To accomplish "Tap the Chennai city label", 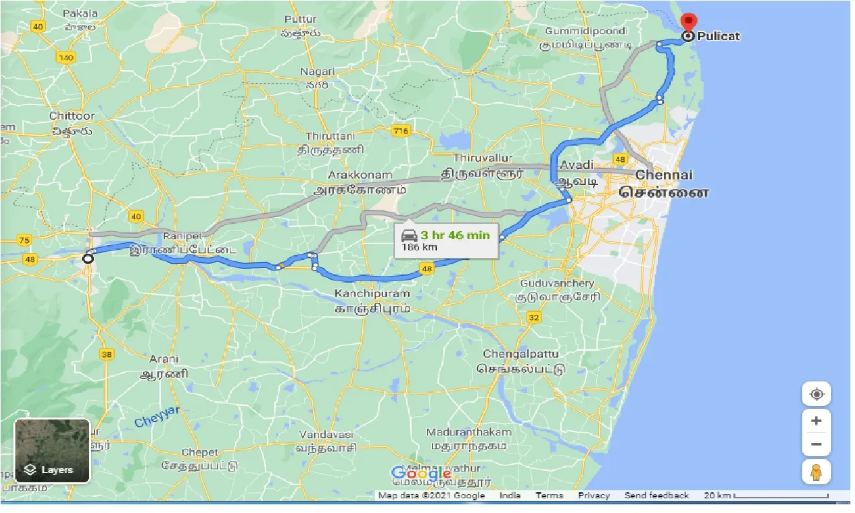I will (664, 175).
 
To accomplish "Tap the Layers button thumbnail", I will (52, 451).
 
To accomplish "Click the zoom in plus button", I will (816, 421).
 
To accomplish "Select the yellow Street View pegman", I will (816, 472).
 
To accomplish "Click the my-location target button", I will (816, 394).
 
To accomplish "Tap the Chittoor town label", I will (72, 116).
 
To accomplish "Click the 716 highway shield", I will (401, 131).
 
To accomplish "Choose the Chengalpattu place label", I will (520, 353).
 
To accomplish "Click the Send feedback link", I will (657, 496).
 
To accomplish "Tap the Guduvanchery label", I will (557, 283).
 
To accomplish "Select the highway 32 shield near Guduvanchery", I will (534, 317).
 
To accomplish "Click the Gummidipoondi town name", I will (586, 31).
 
